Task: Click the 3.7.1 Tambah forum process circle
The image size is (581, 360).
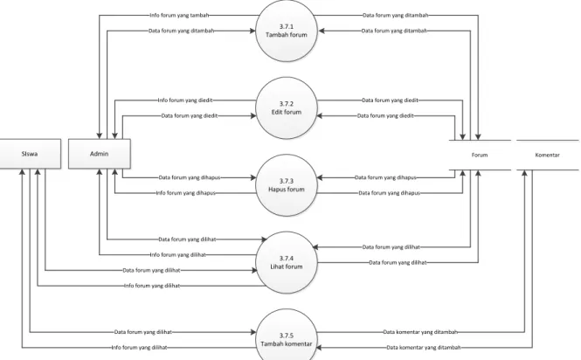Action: click(287, 31)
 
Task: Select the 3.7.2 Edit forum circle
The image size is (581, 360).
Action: click(287, 107)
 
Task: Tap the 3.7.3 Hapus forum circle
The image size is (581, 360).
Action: click(287, 185)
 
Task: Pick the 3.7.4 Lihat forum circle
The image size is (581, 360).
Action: click(287, 262)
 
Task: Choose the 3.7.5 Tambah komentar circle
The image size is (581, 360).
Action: click(287, 336)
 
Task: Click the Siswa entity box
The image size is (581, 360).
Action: click(30, 154)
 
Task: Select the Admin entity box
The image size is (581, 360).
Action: click(100, 154)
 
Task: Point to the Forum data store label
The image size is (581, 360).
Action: click(480, 155)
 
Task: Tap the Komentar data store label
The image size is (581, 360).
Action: click(547, 155)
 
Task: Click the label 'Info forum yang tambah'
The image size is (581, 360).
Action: click(179, 15)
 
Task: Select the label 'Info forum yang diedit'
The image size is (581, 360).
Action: click(185, 100)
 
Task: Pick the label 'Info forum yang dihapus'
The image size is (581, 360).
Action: click(185, 193)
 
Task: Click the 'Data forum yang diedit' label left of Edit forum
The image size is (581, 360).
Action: click(190, 115)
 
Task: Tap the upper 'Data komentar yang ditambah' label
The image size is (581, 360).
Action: click(420, 332)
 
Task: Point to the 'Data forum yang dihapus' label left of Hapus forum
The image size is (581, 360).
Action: click(190, 177)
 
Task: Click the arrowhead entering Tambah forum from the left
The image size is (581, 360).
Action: click(252, 31)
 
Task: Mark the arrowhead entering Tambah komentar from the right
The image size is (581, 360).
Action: click(318, 348)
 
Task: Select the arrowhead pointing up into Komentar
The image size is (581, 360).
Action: click(525, 173)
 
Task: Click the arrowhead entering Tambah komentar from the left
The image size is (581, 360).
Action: click(252, 332)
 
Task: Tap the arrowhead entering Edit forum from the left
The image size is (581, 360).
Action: click(252, 115)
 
